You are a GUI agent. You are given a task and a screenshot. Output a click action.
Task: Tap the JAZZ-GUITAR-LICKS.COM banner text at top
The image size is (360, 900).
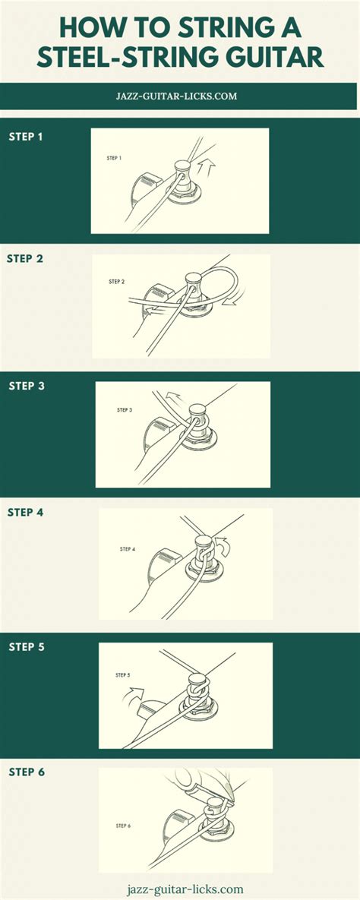[179, 96]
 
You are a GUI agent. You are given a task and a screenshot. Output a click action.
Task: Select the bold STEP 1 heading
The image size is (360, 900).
[26, 137]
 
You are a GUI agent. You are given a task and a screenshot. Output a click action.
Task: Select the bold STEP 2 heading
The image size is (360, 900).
[25, 258]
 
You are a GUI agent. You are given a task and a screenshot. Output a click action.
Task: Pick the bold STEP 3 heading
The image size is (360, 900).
[27, 386]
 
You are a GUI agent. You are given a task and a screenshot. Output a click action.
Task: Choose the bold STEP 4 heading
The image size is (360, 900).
[25, 513]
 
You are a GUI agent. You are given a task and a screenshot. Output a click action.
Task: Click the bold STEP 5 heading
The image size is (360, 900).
[27, 647]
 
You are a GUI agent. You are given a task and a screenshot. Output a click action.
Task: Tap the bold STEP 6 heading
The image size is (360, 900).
[27, 772]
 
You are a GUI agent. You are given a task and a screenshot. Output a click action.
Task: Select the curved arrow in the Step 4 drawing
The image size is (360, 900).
[220, 544]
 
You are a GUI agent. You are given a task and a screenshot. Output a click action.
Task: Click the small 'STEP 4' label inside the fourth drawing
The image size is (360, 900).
[128, 548]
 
